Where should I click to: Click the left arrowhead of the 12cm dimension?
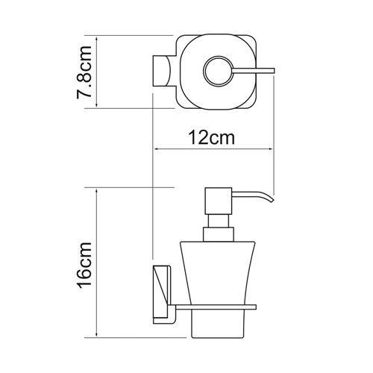157,149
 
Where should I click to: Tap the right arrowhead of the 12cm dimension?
271,149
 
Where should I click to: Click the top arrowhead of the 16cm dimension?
98,190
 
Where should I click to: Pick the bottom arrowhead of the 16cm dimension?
98,333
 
